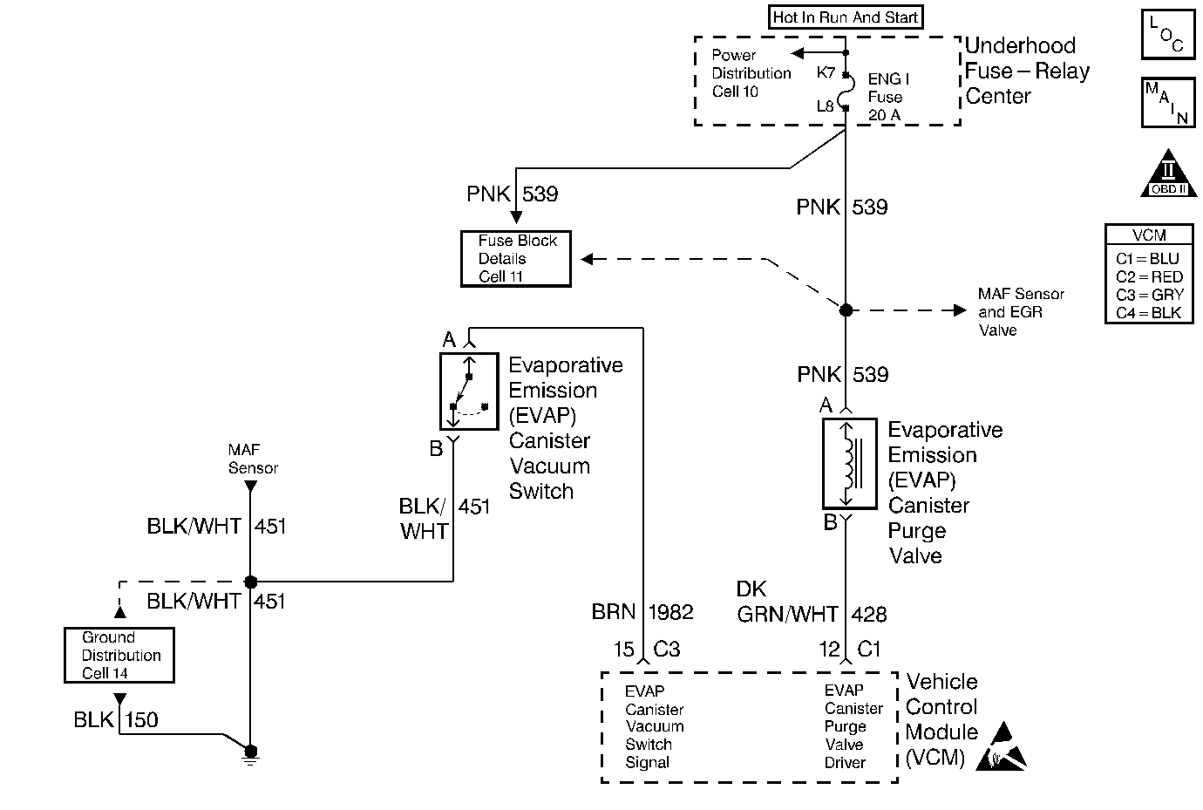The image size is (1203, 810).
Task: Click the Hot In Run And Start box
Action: pyautogui.click(x=846, y=17)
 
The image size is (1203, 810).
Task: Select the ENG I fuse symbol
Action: pyautogui.click(x=845, y=91)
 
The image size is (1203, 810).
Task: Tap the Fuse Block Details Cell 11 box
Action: pyautogui.click(x=516, y=259)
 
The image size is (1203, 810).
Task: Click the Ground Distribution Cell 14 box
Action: pyautogui.click(x=119, y=655)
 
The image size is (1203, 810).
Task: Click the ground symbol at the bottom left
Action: pyautogui.click(x=251, y=754)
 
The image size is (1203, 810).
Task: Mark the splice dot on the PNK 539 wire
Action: pyautogui.click(x=846, y=310)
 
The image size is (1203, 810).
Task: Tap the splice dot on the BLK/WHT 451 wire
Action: pyautogui.click(x=250, y=582)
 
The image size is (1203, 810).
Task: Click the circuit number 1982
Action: pyautogui.click(x=670, y=612)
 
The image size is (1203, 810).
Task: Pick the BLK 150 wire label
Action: pyautogui.click(x=116, y=720)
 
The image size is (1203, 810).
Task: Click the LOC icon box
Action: pyautogui.click(x=1166, y=35)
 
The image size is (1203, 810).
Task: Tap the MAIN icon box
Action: pyautogui.click(x=1166, y=102)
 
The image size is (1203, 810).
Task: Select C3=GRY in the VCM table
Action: pyautogui.click(x=1149, y=295)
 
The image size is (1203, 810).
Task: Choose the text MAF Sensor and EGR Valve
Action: pyautogui.click(x=1020, y=312)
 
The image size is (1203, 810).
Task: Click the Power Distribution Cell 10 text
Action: pyautogui.click(x=751, y=73)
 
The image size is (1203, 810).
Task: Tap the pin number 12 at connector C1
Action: pyautogui.click(x=829, y=650)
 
